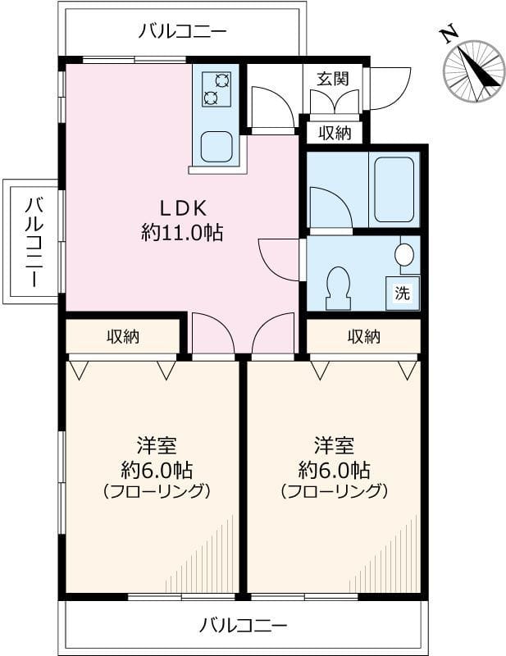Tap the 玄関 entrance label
click(334, 79)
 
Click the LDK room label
click(181, 207)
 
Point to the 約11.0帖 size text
click(182, 232)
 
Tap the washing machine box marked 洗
click(402, 294)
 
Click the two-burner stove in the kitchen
click(217, 89)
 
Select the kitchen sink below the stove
click(217, 147)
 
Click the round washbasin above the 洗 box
click(404, 253)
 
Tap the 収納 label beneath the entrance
click(335, 132)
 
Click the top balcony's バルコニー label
click(182, 32)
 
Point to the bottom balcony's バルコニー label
click(244, 626)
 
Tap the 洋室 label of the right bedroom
click(334, 446)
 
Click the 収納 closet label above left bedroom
click(122, 335)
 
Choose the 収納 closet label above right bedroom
click(363, 335)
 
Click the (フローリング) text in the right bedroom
click(334, 492)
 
